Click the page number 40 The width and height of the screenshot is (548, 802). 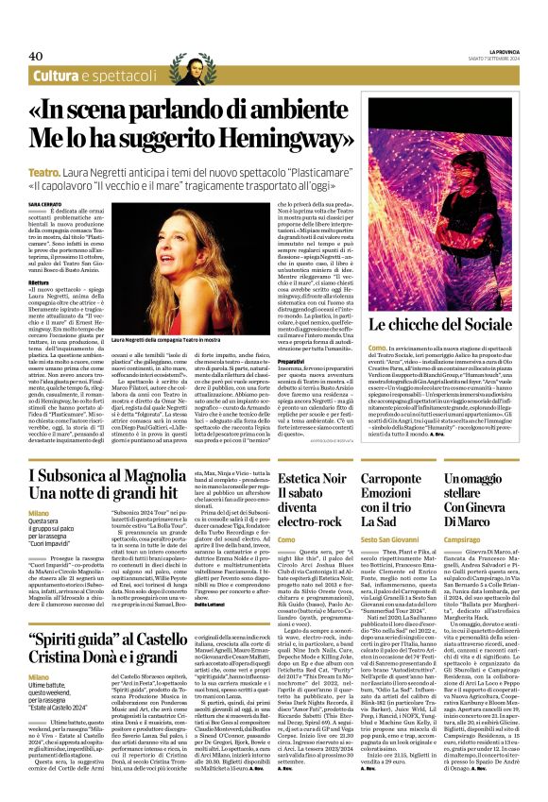(x=37, y=57)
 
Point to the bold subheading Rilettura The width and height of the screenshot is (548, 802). (x=42, y=254)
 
